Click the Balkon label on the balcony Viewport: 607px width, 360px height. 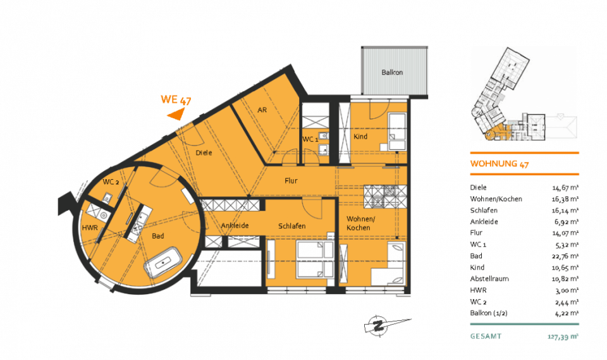392,73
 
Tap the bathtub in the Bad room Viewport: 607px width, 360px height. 164,263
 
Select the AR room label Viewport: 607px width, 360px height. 262,110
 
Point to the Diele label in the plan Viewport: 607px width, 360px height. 204,152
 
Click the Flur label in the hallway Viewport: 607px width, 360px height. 291,180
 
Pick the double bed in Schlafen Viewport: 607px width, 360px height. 315,259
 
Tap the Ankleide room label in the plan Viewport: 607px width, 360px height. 235,225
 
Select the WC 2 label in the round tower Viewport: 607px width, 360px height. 111,182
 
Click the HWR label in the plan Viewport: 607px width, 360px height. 90,228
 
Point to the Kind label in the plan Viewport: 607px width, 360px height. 360,137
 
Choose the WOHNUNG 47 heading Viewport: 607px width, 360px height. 500,164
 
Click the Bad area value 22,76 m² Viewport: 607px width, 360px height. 565,256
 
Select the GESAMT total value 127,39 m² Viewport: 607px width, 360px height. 563,337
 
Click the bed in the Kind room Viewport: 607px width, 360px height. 397,132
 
